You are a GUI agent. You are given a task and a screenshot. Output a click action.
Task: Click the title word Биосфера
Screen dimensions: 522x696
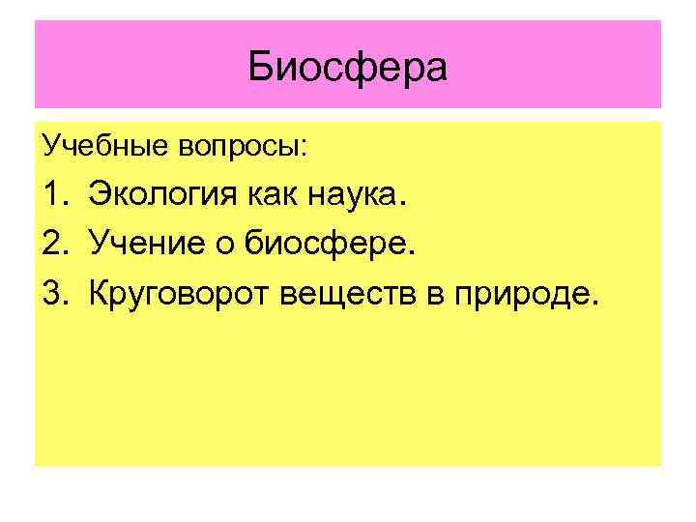[x=348, y=68]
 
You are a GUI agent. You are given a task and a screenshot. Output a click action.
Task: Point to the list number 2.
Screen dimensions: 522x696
[x=52, y=246]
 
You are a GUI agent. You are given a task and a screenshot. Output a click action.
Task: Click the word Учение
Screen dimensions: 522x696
[x=145, y=246]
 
